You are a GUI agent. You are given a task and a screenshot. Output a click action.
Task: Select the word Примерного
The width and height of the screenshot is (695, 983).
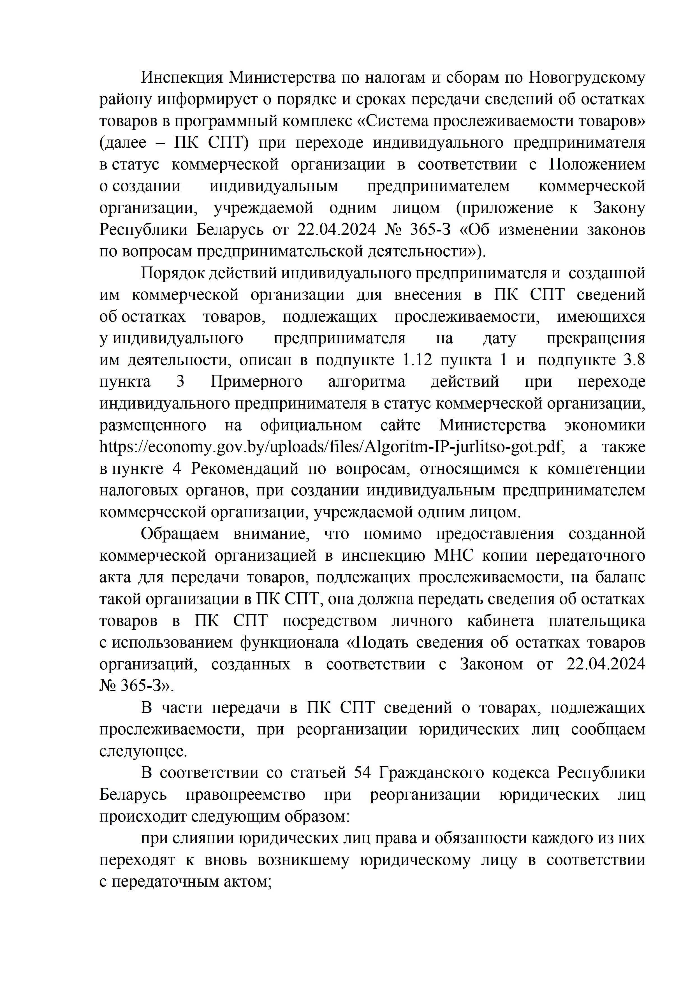256,381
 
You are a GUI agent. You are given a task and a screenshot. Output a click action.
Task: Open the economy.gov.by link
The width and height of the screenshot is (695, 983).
330,447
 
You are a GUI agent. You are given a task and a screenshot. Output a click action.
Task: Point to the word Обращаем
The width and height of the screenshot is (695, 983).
179,534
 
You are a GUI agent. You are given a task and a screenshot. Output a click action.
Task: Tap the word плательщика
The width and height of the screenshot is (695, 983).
597,621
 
